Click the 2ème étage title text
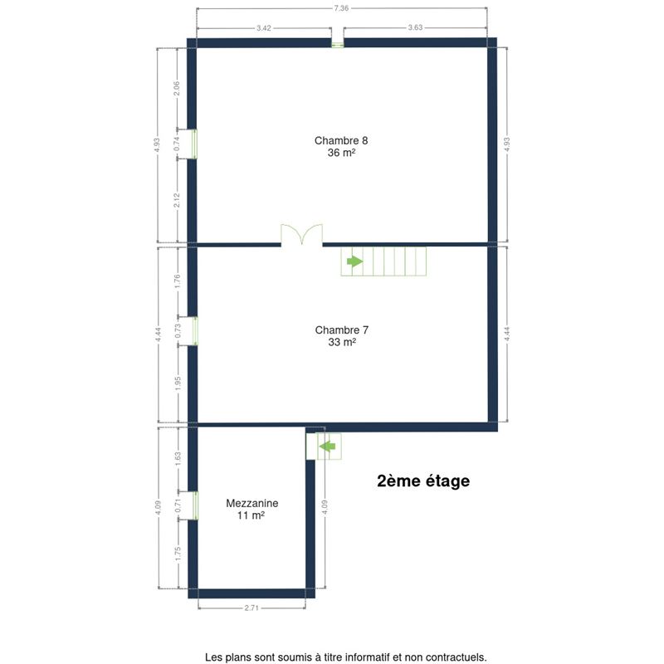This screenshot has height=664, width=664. click(x=423, y=481)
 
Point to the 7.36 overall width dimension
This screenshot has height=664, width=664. click(x=341, y=8)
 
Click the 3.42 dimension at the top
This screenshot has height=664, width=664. click(x=263, y=28)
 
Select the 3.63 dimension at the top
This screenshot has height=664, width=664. click(x=415, y=27)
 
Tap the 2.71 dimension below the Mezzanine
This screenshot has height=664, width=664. click(x=251, y=608)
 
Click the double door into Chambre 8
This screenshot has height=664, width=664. click(x=301, y=235)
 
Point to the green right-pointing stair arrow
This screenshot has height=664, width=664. click(x=355, y=261)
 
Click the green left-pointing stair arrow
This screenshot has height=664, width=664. click(x=327, y=447)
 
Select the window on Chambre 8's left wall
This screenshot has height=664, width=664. click(x=194, y=144)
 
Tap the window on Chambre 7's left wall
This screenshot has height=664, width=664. click(x=195, y=330)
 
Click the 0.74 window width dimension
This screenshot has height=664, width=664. click(x=177, y=144)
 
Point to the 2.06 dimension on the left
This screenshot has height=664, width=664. click(x=177, y=88)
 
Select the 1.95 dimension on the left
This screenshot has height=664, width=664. click(x=178, y=383)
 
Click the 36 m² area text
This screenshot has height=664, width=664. click(x=341, y=153)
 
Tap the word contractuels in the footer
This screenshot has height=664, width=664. click(x=460, y=657)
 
